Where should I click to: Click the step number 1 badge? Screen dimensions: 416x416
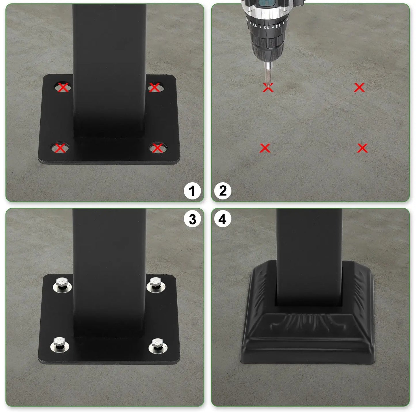pyautogui.click(x=192, y=191)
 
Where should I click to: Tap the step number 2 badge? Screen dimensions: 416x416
pyautogui.click(x=223, y=191)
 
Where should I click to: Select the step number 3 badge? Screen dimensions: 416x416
pyautogui.click(x=192, y=219)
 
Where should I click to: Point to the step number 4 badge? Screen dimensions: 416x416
pyautogui.click(x=223, y=219)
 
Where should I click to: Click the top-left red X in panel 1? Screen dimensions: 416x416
pyautogui.click(x=63, y=87)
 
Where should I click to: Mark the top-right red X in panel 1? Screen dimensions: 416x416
pyautogui.click(x=155, y=87)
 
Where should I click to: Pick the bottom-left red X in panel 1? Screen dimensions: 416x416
pyautogui.click(x=60, y=148)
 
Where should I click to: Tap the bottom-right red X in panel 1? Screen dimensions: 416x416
pyautogui.click(x=157, y=148)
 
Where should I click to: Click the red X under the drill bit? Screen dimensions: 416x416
pyautogui.click(x=268, y=88)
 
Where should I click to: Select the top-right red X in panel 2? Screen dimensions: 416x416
pyautogui.click(x=359, y=88)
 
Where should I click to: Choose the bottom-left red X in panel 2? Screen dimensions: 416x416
pyautogui.click(x=265, y=148)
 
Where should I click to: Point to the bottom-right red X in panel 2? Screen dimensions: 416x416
pyautogui.click(x=362, y=148)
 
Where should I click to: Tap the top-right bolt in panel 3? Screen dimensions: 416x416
pyautogui.click(x=155, y=284)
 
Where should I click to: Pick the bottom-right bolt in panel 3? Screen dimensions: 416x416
pyautogui.click(x=157, y=344)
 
